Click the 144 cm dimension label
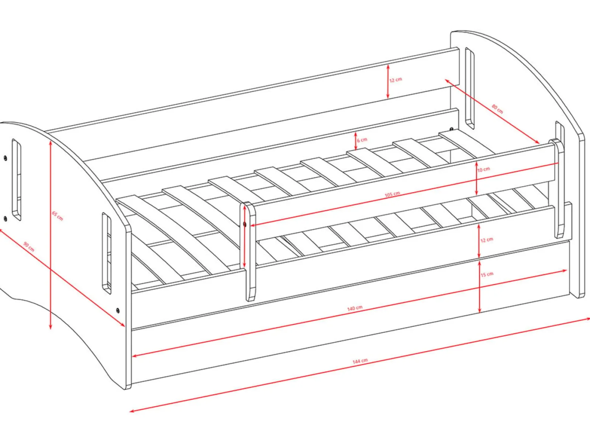(x=360, y=361)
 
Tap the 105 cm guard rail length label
(x=392, y=194)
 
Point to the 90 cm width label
(x=29, y=247)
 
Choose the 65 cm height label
(x=57, y=216)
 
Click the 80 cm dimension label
(x=497, y=109)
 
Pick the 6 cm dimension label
(x=362, y=140)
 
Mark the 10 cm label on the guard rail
(x=484, y=169)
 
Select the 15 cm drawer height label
(x=487, y=274)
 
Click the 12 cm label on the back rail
(x=396, y=80)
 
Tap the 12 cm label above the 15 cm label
(x=487, y=239)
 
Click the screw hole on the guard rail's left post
(x=244, y=224)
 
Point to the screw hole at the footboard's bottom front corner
(x=118, y=311)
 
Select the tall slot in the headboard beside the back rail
(x=470, y=89)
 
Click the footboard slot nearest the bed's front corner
(x=106, y=253)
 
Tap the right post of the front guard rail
(x=556, y=188)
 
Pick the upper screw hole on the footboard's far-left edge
(x=5, y=159)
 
